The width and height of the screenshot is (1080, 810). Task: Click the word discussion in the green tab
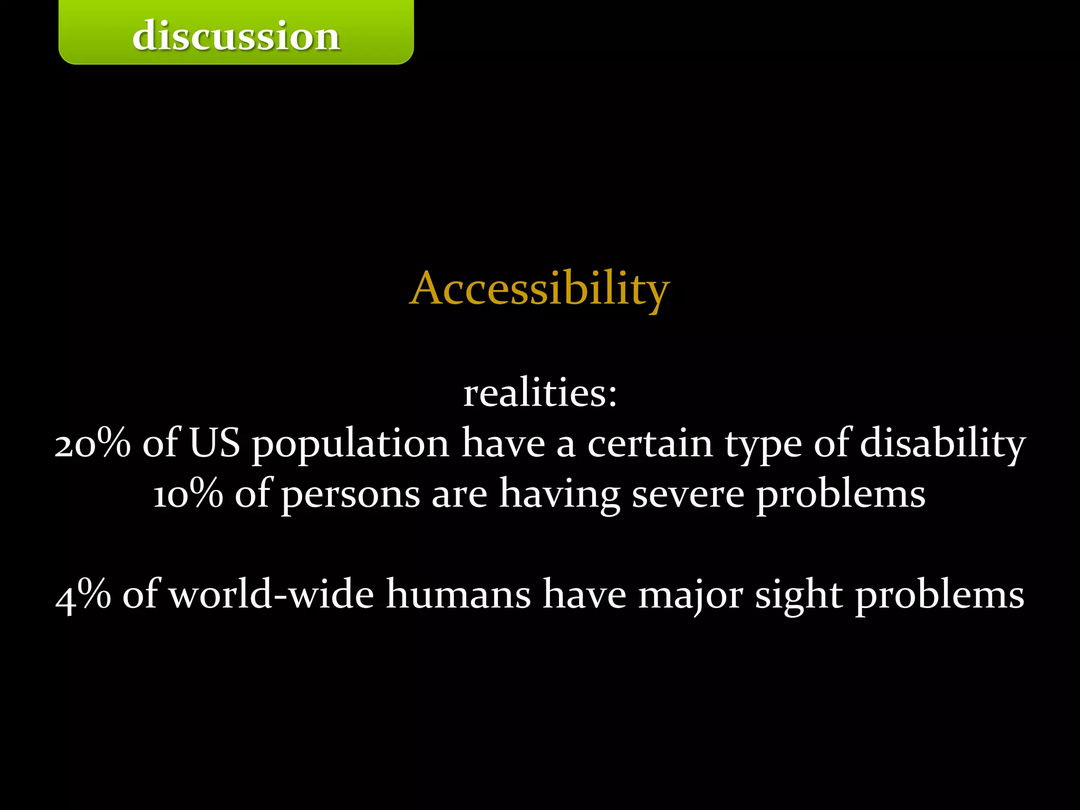[236, 36]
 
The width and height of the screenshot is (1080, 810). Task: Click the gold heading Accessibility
[539, 288]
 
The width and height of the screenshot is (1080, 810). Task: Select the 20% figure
[93, 443]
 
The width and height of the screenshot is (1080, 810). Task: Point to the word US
[214, 443]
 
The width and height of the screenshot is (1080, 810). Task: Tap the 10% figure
[188, 494]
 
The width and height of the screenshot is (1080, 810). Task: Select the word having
[560, 495]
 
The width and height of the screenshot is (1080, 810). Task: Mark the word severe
[688, 495]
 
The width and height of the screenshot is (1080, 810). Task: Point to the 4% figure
[83, 595]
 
